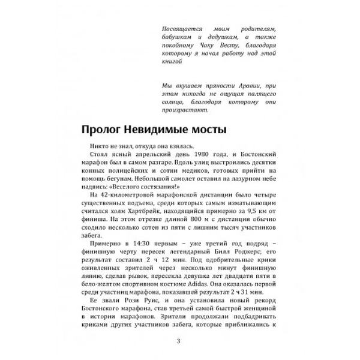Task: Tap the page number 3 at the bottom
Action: (x=179, y=343)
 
